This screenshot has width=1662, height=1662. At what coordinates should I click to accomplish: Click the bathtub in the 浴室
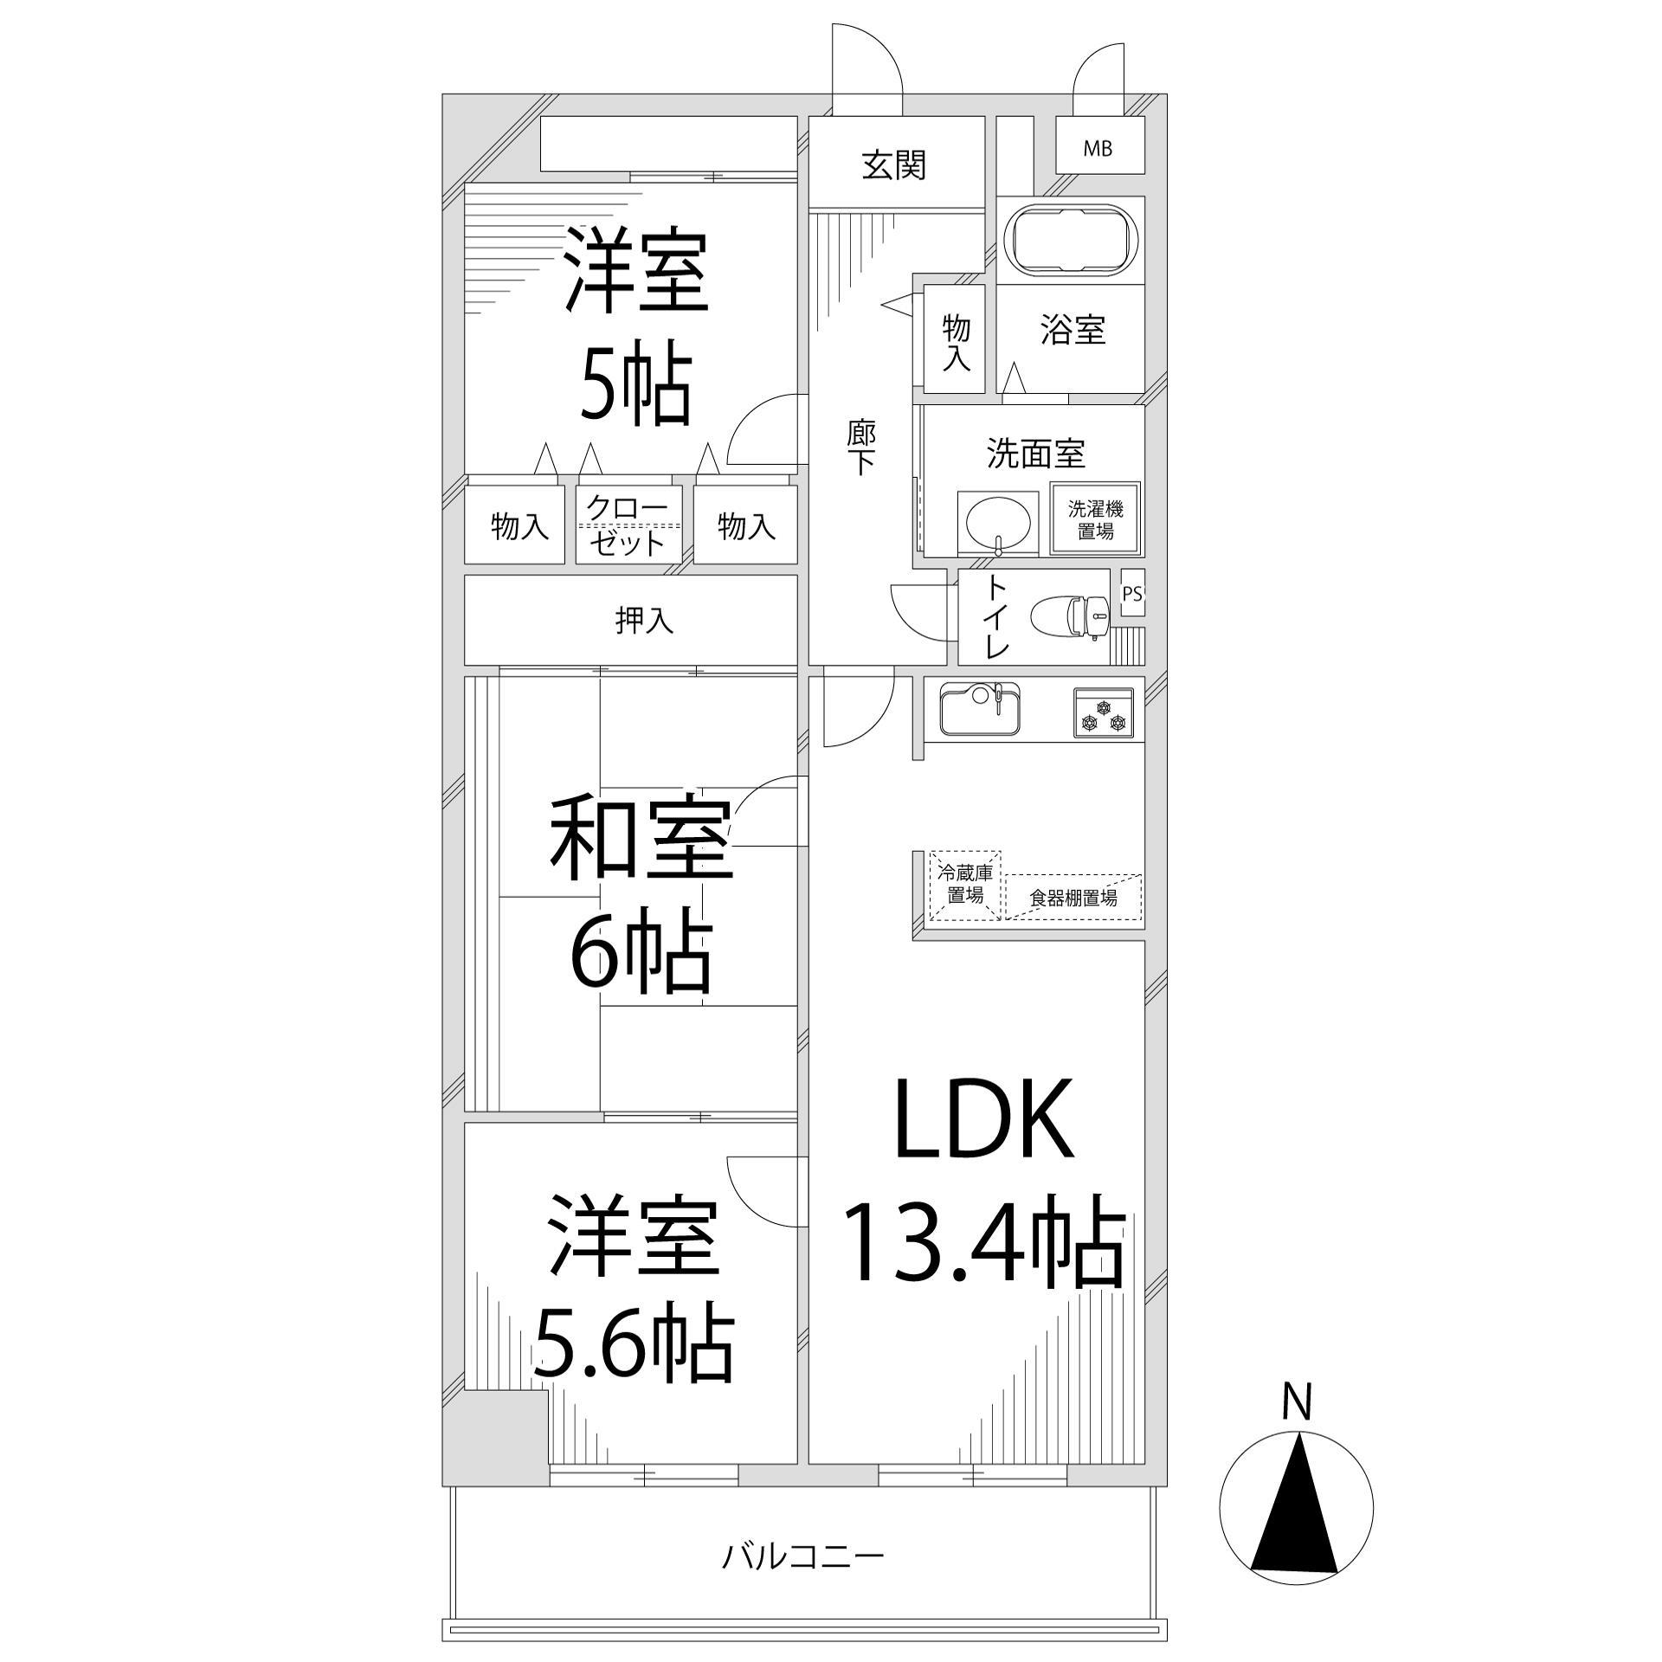pyautogui.click(x=1070, y=239)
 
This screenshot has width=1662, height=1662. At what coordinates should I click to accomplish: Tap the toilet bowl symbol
pyautogui.click(x=1070, y=616)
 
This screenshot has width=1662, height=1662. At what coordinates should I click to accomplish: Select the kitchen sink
pyautogui.click(x=979, y=709)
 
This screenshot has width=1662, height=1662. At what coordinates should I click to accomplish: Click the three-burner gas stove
pyautogui.click(x=1104, y=712)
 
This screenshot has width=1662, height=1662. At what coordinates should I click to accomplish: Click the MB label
pyautogui.click(x=1098, y=149)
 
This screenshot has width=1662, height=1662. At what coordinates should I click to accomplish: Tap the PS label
pyautogui.click(x=1131, y=594)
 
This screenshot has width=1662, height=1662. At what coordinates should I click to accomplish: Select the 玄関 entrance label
pyautogui.click(x=894, y=164)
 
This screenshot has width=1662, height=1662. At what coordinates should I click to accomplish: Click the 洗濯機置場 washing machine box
pyautogui.click(x=1095, y=519)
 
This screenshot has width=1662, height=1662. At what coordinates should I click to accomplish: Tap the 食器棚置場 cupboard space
pyautogui.click(x=1073, y=898)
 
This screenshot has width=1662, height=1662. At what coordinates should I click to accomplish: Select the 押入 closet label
pyautogui.click(x=644, y=620)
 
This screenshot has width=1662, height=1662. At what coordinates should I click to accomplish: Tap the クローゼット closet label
pyautogui.click(x=628, y=525)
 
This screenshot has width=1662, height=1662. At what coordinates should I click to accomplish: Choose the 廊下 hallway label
pyautogui.click(x=861, y=448)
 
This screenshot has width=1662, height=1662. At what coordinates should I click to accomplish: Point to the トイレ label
pyautogui.click(x=996, y=617)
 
